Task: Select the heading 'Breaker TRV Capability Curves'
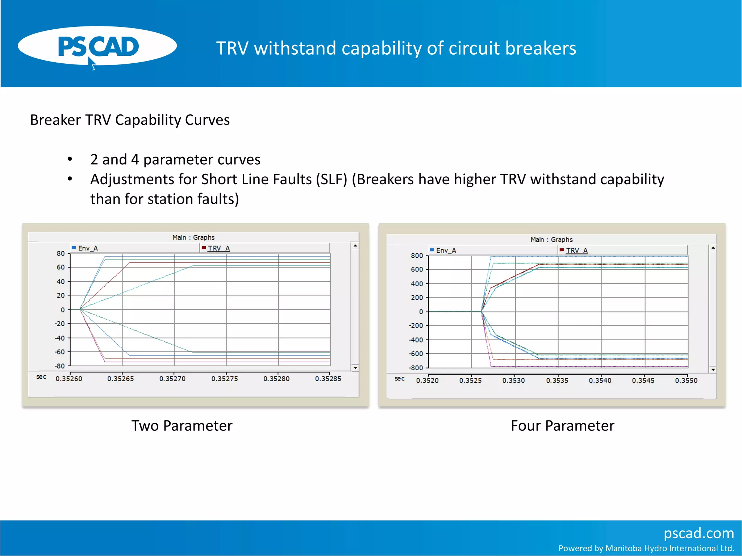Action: [130, 120]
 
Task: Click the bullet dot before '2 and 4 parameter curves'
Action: [70, 159]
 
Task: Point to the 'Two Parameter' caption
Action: [182, 426]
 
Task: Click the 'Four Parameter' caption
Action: [562, 426]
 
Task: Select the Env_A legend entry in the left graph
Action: [87, 248]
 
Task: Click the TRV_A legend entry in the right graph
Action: [576, 250]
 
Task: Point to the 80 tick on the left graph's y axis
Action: [61, 253]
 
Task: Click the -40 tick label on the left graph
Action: [60, 338]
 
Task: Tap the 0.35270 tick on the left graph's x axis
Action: [172, 379]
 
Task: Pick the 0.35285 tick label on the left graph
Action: [328, 379]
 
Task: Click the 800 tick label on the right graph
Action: [417, 256]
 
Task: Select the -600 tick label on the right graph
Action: [416, 354]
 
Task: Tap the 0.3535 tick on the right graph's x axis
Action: [557, 380]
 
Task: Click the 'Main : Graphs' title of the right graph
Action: [551, 240]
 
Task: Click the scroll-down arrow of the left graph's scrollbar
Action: [355, 368]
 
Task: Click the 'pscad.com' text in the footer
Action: [699, 533]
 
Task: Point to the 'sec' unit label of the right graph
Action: [399, 379]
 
